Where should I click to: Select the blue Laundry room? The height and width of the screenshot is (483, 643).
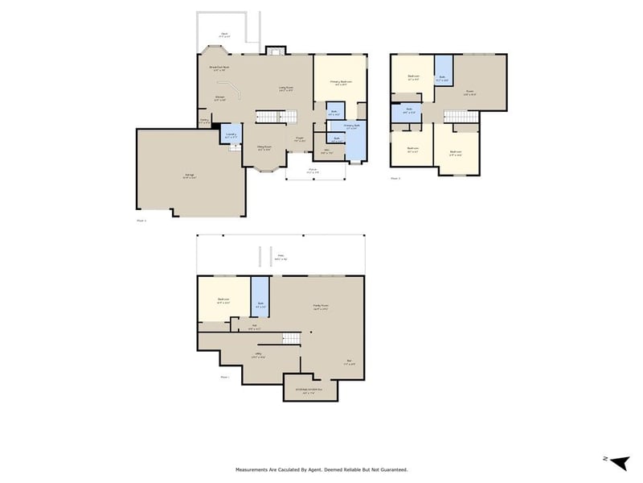click(x=231, y=134)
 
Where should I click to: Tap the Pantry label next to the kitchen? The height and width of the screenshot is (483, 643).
click(x=204, y=122)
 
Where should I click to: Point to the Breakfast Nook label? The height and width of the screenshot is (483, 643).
click(x=219, y=68)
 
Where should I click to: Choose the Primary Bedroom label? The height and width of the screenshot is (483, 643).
click(x=340, y=82)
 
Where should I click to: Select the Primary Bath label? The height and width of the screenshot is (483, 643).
click(x=351, y=126)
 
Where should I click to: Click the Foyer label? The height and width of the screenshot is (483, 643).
click(x=299, y=138)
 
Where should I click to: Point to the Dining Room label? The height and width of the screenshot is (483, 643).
click(x=264, y=147)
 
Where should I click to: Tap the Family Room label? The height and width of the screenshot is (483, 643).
click(x=321, y=306)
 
